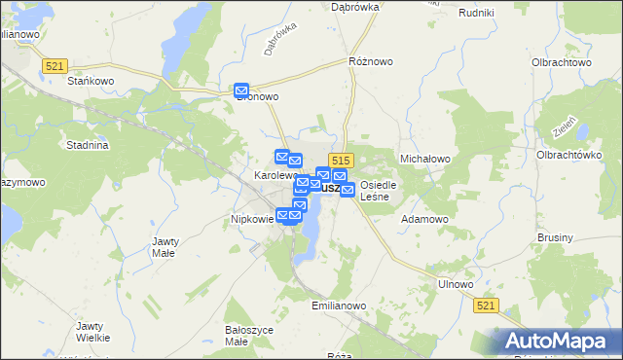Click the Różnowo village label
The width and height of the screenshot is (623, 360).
[371, 61]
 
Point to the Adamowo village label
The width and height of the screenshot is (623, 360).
[424, 219]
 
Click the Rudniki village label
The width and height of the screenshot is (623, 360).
[475, 13]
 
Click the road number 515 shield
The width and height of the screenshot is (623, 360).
[340, 160]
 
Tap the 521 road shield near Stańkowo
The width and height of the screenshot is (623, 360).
[55, 65]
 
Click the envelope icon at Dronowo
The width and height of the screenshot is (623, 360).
[242, 90]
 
